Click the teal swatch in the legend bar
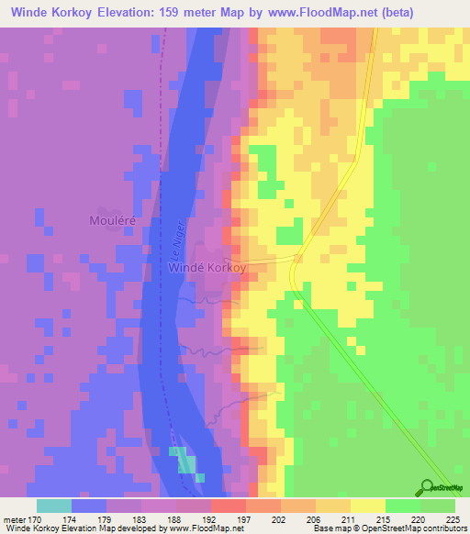(54, 506)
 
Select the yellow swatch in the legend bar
(368, 506)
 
